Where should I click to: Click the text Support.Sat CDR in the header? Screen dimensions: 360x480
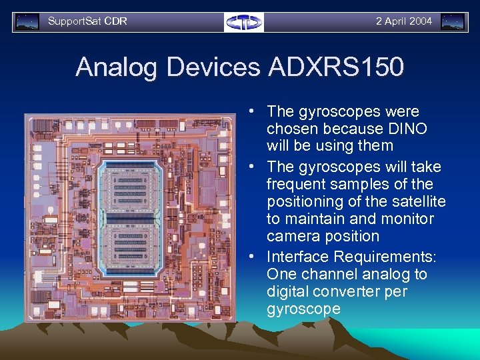(x=87, y=21)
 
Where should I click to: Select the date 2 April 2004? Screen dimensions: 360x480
(x=403, y=21)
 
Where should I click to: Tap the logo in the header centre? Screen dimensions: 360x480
(x=243, y=22)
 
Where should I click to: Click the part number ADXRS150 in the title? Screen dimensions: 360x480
(x=336, y=67)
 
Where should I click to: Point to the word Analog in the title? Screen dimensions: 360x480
(x=117, y=67)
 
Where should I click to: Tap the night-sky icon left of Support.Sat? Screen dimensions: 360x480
(x=27, y=22)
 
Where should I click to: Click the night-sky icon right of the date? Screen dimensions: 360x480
(x=453, y=22)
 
